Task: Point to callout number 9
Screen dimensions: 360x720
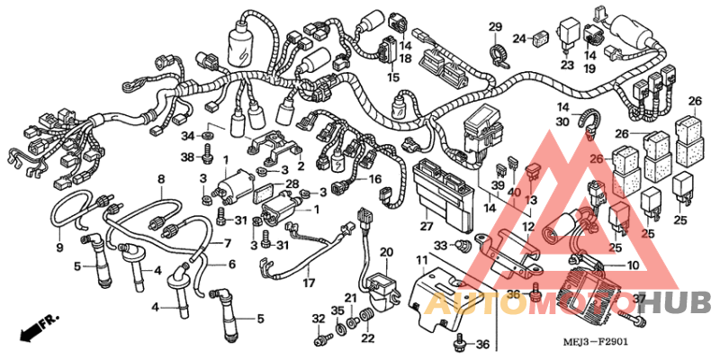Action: pos(59,247)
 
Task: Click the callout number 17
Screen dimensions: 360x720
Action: pos(308,283)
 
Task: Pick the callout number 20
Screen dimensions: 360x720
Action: pos(385,251)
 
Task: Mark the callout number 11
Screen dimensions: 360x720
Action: pos(420,260)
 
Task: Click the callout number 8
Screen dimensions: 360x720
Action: pos(161,179)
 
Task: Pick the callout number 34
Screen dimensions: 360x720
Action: pos(187,136)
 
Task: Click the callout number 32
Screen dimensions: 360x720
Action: pos(318,319)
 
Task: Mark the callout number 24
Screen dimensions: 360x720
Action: pos(518,38)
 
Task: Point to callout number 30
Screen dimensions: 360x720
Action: pos(562,121)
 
